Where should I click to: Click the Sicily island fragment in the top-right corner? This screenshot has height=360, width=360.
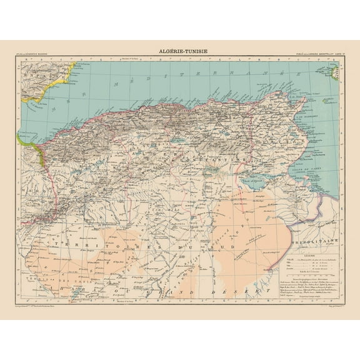(334, 74)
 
